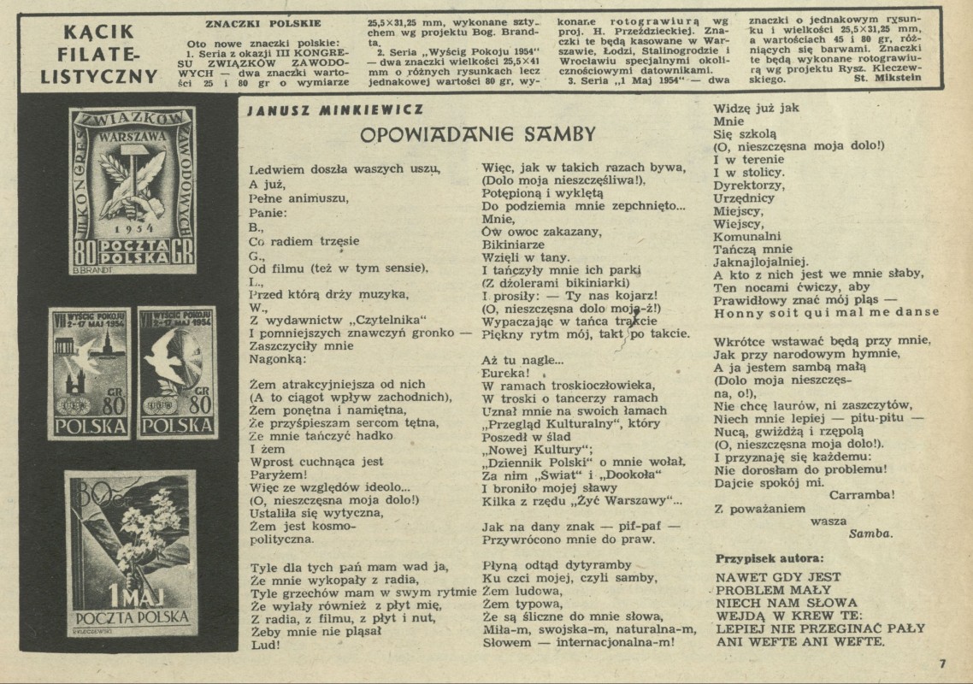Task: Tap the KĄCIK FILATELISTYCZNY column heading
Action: pyautogui.click(x=99, y=55)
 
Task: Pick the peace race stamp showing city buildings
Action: pyautogui.click(x=89, y=372)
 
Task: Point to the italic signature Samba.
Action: pyautogui.click(x=870, y=533)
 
